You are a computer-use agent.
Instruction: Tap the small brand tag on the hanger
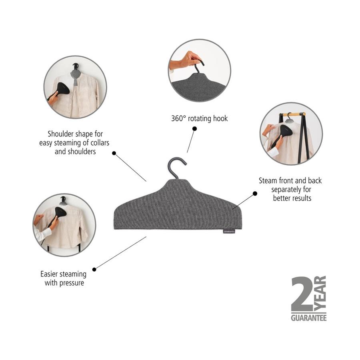tap(229, 231)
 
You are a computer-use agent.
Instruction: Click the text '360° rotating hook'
tap(199, 118)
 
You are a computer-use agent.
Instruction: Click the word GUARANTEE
tap(308, 318)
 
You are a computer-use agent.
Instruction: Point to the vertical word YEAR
tap(322, 294)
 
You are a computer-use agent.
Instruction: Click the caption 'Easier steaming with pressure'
tap(63, 278)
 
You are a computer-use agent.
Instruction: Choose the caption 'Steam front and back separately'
tap(290, 189)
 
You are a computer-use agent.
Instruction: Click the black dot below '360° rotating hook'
tap(195, 129)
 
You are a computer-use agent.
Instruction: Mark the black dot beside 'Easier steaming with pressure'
tap(94, 269)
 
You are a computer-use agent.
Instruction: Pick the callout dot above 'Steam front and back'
tap(255, 194)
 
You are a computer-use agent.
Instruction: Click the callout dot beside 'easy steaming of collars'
tap(114, 153)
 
